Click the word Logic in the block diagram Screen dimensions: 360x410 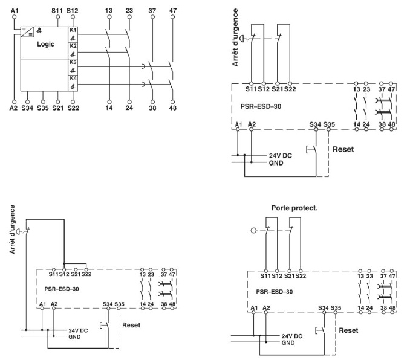pyautogui.click(x=45, y=44)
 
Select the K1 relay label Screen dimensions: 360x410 pyautogui.click(x=73, y=30)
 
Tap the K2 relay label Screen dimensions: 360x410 pyautogui.click(x=73, y=46)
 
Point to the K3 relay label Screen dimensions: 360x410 pyautogui.click(x=73, y=62)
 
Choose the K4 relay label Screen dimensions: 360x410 pyautogui.click(x=73, y=79)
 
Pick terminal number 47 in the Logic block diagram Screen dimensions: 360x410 pyautogui.click(x=173, y=10)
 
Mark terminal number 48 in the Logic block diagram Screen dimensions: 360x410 pyautogui.click(x=173, y=108)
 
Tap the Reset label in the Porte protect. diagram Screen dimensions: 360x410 pyautogui.click(x=348, y=330)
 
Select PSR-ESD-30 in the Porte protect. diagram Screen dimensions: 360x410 pyautogui.click(x=276, y=291)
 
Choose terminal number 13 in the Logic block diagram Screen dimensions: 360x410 pyautogui.click(x=109, y=10)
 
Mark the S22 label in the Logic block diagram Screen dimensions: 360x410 pyautogui.click(x=73, y=108)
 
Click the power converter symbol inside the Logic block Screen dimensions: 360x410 pyautogui.click(x=27, y=32)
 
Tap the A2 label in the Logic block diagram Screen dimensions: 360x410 pyautogui.click(x=13, y=108)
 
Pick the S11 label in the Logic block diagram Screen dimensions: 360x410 pyautogui.click(x=57, y=10)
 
